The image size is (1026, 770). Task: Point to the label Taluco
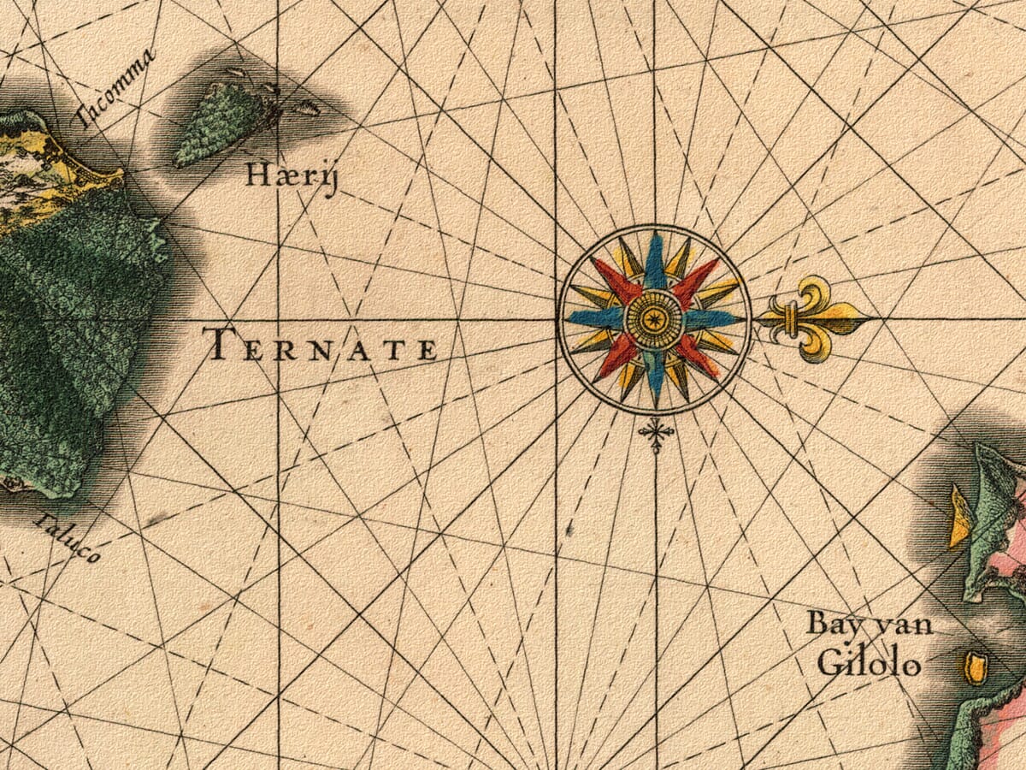(68, 538)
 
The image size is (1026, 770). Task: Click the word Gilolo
(869, 664)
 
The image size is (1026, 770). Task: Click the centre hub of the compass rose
(655, 319)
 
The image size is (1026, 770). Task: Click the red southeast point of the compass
(696, 358)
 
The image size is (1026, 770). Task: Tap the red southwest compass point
(616, 358)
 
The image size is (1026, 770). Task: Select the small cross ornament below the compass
(656, 434)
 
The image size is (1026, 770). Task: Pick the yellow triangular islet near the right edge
(959, 518)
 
